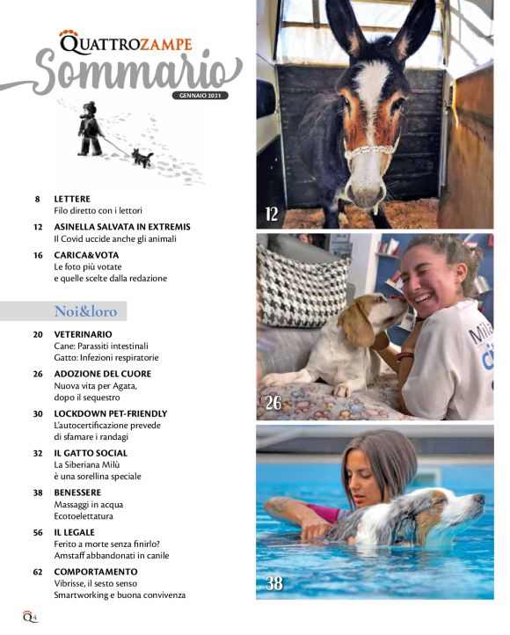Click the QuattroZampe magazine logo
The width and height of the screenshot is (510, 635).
pos(125,40)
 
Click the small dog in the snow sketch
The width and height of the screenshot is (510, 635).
pos(142,158)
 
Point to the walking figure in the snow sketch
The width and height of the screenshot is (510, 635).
pos(90,128)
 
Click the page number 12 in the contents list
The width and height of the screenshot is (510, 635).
pos(38,227)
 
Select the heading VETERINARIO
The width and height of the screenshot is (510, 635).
pos(83,335)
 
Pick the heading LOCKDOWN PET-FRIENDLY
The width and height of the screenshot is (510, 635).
pos(110,412)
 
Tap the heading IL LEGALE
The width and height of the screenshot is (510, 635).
pos(74,532)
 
